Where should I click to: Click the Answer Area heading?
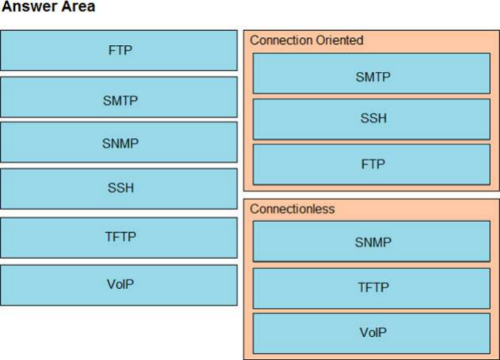[48, 7]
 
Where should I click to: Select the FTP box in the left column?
[119, 50]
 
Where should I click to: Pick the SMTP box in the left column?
[119, 97]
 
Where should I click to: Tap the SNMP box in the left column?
[119, 142]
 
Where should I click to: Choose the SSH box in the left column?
[119, 189]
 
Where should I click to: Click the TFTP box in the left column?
[119, 238]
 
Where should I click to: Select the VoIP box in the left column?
[119, 285]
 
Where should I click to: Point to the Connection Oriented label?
[306, 41]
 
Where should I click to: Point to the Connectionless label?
[293, 209]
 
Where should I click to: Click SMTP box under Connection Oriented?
[372, 73]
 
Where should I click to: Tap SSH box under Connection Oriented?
[372, 119]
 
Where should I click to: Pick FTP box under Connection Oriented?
[372, 165]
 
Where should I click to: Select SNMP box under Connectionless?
[372, 241]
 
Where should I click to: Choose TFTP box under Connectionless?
[372, 289]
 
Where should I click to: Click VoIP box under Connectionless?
[372, 334]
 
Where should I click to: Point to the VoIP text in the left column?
[120, 284]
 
